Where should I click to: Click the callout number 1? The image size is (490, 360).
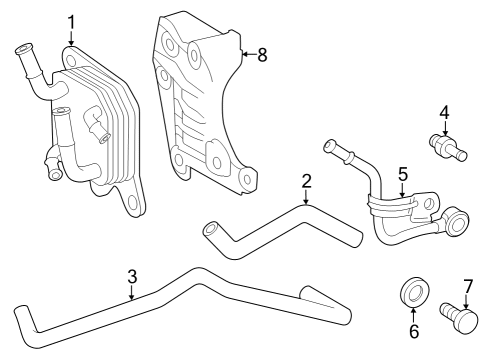pyautogui.click(x=71, y=21)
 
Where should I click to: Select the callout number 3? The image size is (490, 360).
pyautogui.click(x=131, y=277)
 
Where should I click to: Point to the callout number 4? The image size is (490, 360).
pyautogui.click(x=445, y=113)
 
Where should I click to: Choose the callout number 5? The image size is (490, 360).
pyautogui.click(x=402, y=174)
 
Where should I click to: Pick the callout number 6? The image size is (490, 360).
pyautogui.click(x=412, y=330)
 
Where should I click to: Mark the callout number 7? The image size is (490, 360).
pyautogui.click(x=467, y=285)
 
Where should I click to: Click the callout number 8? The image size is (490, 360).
pyautogui.click(x=263, y=54)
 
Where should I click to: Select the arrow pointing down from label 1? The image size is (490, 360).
pyautogui.click(x=71, y=38)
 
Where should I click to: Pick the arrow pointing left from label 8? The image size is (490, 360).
pyautogui.click(x=245, y=54)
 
